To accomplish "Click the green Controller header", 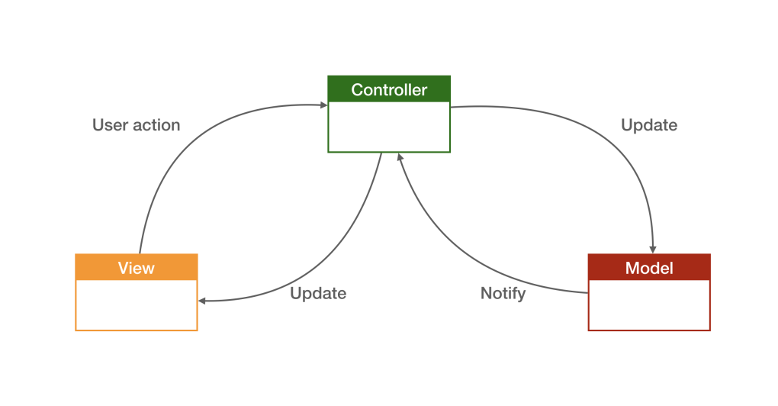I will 389,89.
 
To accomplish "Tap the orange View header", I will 137,267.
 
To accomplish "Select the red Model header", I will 649,267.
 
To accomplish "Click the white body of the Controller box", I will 389,127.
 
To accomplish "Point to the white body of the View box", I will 137,304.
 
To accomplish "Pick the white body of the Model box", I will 649,304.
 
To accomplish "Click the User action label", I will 136,124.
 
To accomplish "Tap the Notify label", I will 503,293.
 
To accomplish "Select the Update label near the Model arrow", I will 649,124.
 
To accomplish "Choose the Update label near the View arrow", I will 318,293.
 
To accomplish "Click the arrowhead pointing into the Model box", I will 653,249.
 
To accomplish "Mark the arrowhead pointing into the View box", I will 203,301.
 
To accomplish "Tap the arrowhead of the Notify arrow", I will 400,158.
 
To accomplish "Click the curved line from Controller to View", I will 336,259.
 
